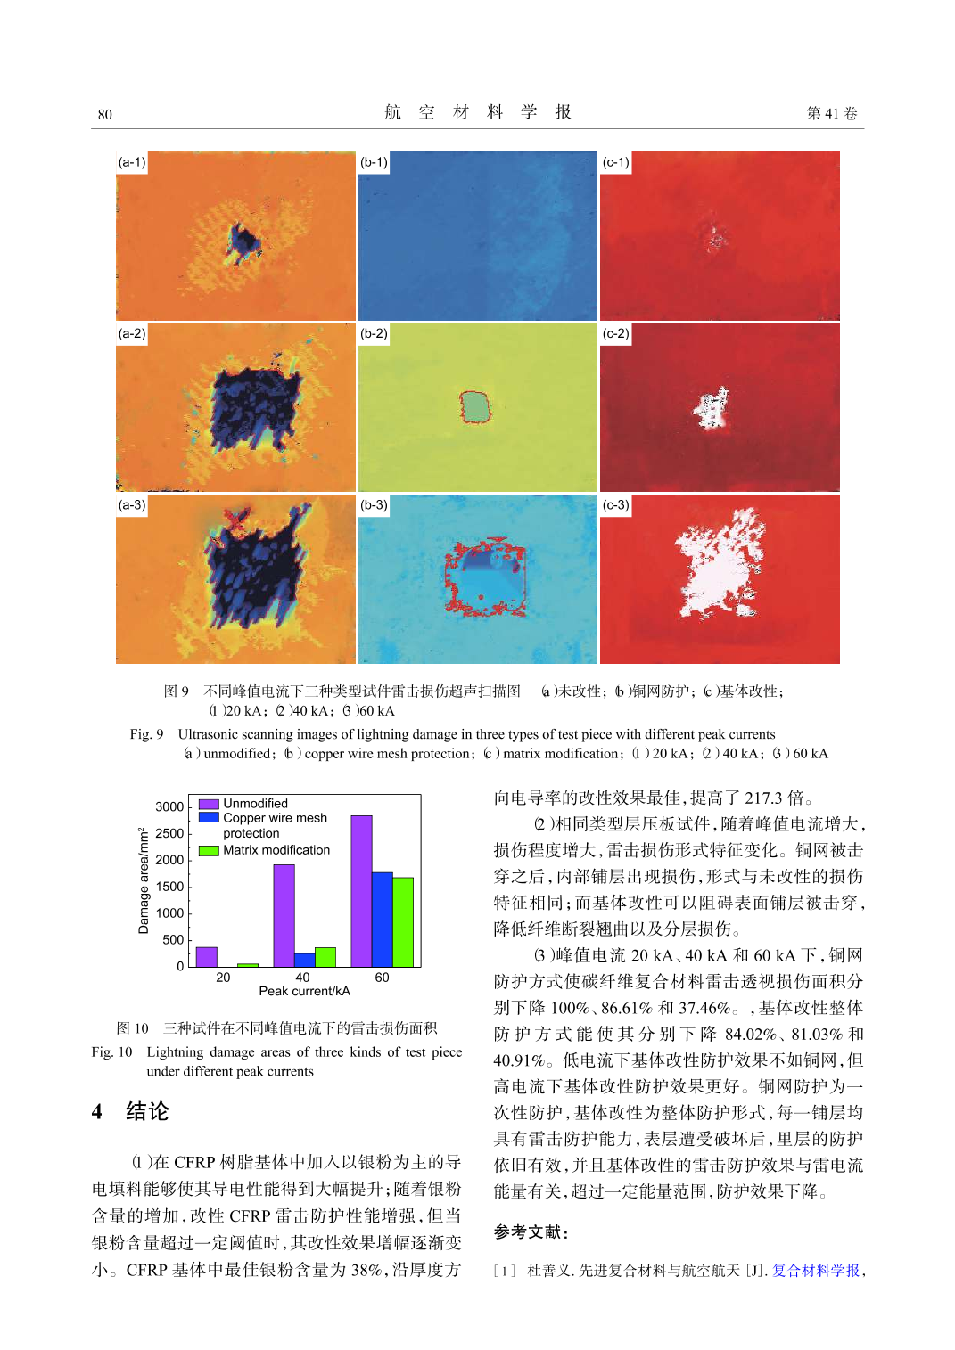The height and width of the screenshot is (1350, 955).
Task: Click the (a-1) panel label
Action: pyautogui.click(x=132, y=162)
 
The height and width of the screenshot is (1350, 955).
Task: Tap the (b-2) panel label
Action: pyautogui.click(x=374, y=333)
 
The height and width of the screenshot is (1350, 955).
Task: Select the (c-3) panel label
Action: pyautogui.click(x=616, y=504)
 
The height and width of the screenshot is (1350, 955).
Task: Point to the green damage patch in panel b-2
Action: pyautogui.click(x=476, y=407)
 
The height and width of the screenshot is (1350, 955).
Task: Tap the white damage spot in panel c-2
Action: pyautogui.click(x=712, y=408)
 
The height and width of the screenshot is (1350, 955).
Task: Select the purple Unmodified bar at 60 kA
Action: pyautogui.click(x=361, y=890)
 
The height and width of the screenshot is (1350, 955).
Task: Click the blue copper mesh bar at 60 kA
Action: pyautogui.click(x=382, y=919)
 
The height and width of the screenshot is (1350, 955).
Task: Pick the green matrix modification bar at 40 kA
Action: pyautogui.click(x=325, y=956)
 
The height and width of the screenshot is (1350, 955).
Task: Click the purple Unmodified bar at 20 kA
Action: pyautogui.click(x=207, y=956)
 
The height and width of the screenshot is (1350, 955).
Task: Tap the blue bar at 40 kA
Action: pyautogui.click(x=304, y=960)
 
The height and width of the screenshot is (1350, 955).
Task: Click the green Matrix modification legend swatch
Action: pyautogui.click(x=209, y=850)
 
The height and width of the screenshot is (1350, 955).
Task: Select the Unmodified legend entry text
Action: pyautogui.click(x=255, y=803)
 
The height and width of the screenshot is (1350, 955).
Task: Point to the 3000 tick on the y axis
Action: pyautogui.click(x=169, y=806)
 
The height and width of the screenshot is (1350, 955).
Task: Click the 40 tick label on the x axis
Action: pyautogui.click(x=302, y=978)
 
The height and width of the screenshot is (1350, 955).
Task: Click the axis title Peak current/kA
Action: pyautogui.click(x=304, y=991)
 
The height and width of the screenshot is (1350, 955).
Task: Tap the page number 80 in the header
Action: pyautogui.click(x=105, y=114)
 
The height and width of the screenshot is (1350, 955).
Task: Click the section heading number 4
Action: pyautogui.click(x=97, y=1111)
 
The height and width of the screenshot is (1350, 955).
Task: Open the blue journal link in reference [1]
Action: pyautogui.click(x=815, y=1270)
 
